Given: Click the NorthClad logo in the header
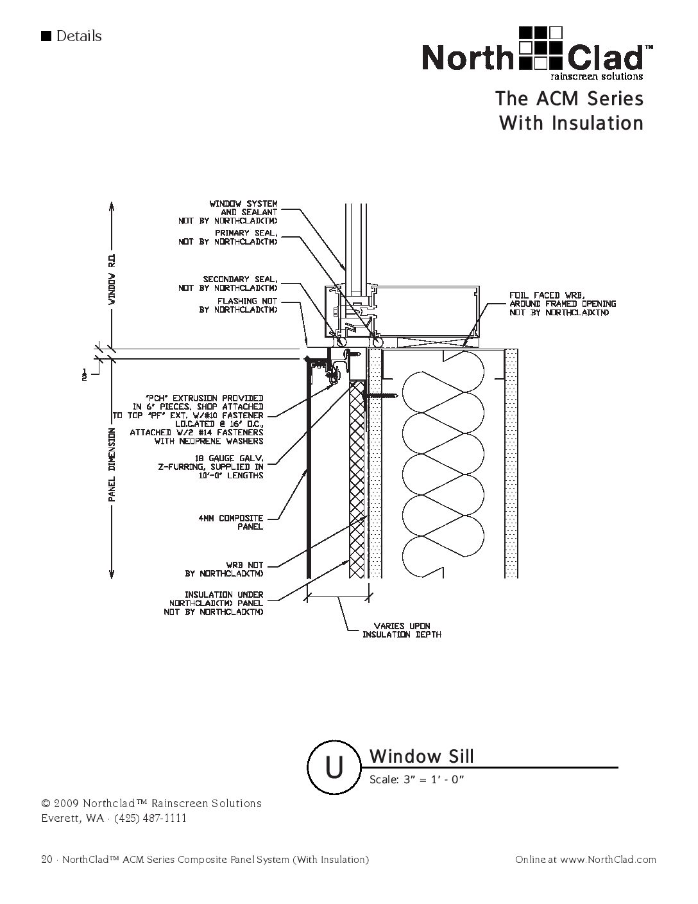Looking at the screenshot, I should [x=538, y=53].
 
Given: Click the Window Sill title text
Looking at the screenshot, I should [x=421, y=756].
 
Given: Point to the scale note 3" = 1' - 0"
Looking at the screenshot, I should [x=416, y=780].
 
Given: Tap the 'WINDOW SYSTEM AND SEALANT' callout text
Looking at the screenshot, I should [x=228, y=212].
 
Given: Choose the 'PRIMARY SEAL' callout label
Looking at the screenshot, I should [x=228, y=237].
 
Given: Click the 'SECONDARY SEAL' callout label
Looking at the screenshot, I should [x=228, y=284].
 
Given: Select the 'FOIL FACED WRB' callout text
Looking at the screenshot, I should [x=562, y=304].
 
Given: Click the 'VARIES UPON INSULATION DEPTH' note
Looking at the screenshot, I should [x=402, y=630].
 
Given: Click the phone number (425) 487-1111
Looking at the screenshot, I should [x=150, y=818].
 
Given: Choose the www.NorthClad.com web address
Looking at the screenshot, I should [x=608, y=860].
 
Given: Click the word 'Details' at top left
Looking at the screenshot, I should [x=79, y=36].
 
